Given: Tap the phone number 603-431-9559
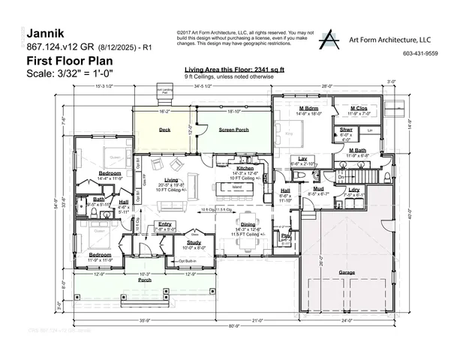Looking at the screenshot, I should [421, 54].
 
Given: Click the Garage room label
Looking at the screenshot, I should [347, 271].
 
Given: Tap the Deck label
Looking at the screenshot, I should [164, 129].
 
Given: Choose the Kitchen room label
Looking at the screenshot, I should [245, 168].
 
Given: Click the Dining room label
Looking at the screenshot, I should [247, 223].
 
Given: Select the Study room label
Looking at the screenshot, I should [194, 242].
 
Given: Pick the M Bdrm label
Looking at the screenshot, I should [308, 109].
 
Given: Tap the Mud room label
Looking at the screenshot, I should [318, 188].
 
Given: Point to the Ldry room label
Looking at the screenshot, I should [353, 189].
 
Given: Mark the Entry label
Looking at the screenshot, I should [165, 223].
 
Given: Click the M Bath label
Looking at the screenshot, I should [358, 151].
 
